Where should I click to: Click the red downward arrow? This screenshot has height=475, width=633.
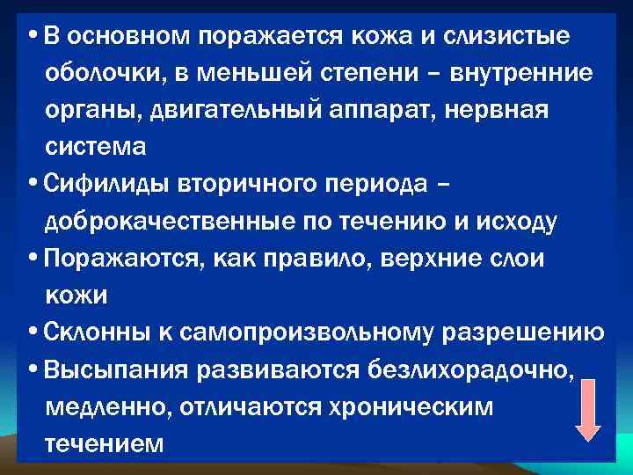point(587,409)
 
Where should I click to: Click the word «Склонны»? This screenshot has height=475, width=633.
point(98,333)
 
